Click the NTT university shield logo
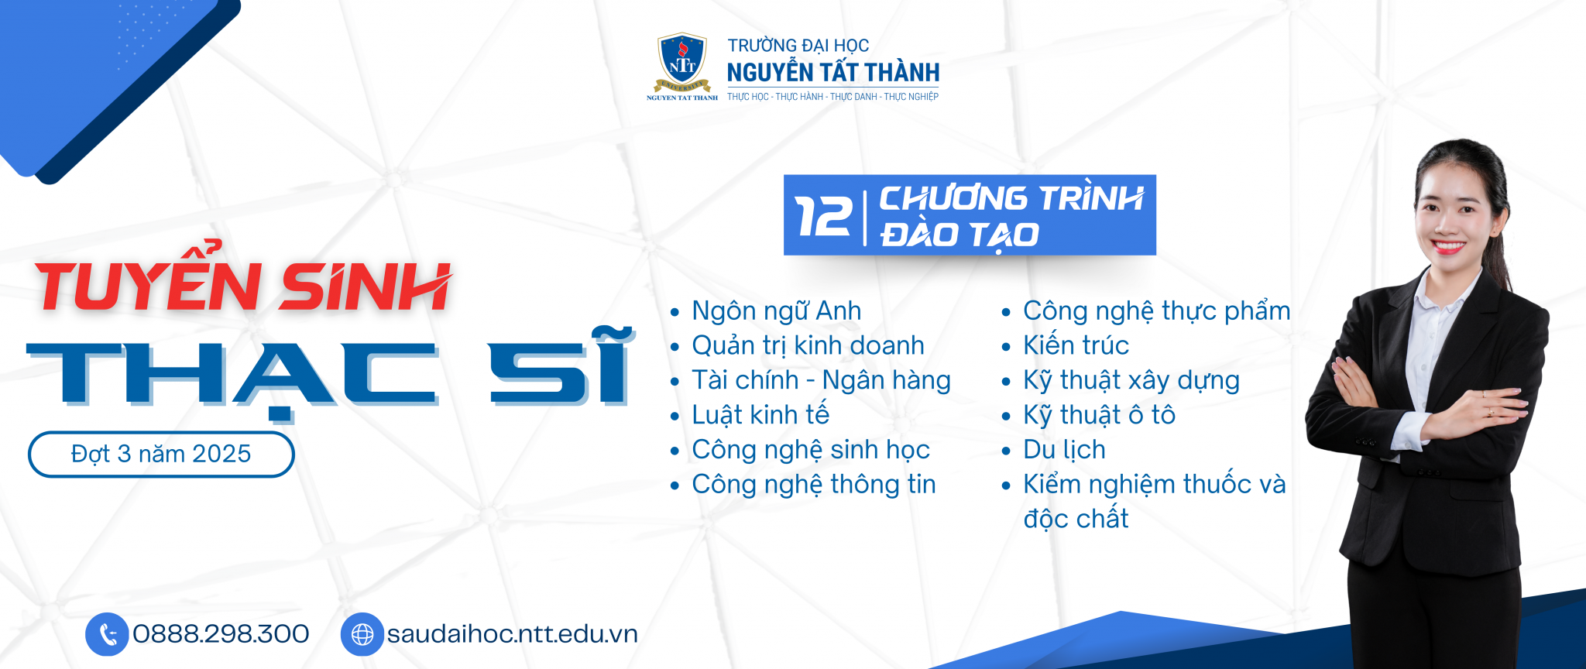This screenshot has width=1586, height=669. click(x=681, y=63)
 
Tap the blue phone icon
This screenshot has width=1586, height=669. click(x=107, y=634)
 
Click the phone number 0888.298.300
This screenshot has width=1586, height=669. click(x=221, y=634)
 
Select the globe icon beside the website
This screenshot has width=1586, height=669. click(x=362, y=634)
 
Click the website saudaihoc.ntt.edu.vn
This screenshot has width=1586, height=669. click(x=512, y=634)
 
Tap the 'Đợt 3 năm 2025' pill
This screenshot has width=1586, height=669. click(x=161, y=454)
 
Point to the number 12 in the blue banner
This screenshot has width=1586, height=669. click(x=823, y=216)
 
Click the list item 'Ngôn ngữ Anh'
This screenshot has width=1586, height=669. click(x=776, y=310)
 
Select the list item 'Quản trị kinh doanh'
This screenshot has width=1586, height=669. click(x=808, y=345)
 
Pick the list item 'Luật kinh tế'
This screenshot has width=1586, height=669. click(x=760, y=415)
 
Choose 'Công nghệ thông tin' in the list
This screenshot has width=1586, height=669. click(x=813, y=485)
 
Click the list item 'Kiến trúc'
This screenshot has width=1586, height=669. click(x=1076, y=345)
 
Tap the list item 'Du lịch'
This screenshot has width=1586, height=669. click(x=1064, y=450)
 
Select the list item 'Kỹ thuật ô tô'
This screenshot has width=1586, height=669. click(x=1099, y=415)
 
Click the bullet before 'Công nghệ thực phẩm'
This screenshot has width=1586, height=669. click(x=1006, y=313)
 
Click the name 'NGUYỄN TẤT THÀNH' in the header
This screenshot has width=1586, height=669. click(x=832, y=73)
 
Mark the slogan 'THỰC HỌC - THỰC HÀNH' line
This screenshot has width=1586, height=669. click(x=832, y=97)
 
